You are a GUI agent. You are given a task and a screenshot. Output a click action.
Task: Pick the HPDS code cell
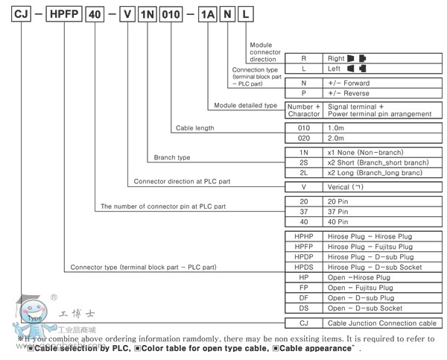[x=302, y=266]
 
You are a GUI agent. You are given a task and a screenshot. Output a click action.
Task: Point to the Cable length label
[x=194, y=127]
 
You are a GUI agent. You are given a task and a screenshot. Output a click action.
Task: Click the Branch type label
[x=172, y=158]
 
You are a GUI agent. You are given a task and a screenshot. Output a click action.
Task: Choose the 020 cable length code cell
[x=302, y=138]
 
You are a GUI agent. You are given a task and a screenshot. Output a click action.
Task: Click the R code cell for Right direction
[x=302, y=57]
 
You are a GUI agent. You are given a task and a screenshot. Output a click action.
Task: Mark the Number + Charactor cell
[x=302, y=110]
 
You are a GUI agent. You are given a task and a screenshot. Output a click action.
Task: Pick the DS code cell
[x=302, y=307]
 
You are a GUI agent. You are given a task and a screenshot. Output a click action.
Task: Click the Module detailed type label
[x=245, y=106]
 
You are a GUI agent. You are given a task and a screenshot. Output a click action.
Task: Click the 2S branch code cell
[x=302, y=162]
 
